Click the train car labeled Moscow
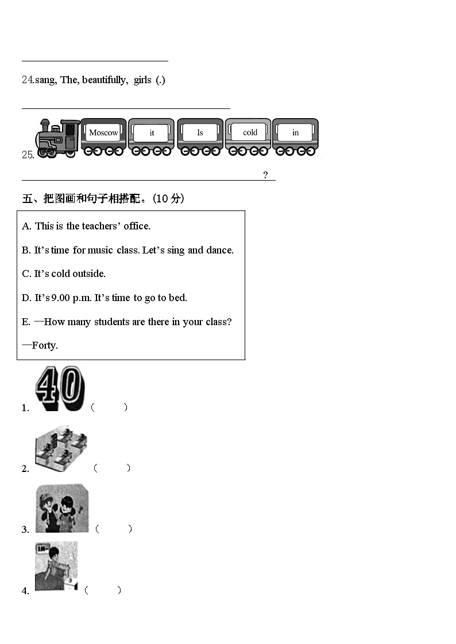pos(103,137)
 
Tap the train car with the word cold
pos(248,137)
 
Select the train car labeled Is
pos(200,137)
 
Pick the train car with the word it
pos(151,137)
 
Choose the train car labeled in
pos(296,137)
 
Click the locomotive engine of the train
pos(57,138)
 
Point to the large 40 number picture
pos(60,389)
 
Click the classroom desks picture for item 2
pos(61,448)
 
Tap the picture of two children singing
pos(62,508)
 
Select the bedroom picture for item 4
pos(56,567)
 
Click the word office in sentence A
pos(137,226)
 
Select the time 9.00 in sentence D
pos(60,298)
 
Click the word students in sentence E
pos(112,322)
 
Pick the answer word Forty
pos(45,345)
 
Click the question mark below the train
pos(266,175)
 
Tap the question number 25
pos(28,155)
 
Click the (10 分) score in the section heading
pos(168,199)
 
